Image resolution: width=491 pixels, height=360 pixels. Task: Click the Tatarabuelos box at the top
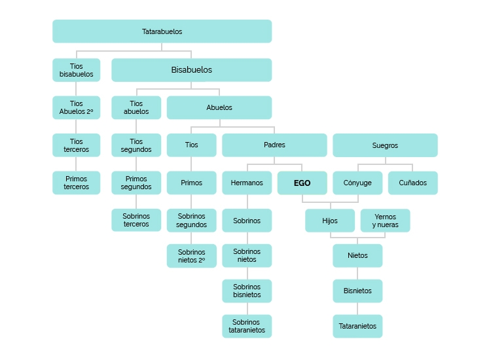click(162, 31)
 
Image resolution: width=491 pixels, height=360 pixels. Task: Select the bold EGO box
click(302, 183)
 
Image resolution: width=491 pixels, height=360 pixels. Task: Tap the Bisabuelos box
click(191, 70)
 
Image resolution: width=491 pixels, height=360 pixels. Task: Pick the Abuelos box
click(219, 107)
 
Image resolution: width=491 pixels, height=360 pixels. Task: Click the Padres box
click(274, 145)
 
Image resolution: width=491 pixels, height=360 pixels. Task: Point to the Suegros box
click(385, 145)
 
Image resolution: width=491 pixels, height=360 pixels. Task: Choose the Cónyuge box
click(357, 183)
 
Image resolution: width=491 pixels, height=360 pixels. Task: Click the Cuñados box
click(412, 183)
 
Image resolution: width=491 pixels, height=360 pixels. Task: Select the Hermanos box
click(247, 183)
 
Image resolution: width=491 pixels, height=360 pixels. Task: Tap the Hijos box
click(330, 221)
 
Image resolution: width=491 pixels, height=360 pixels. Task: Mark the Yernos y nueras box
click(385, 221)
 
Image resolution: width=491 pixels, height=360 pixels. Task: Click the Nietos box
click(357, 256)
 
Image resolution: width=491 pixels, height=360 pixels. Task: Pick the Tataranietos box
click(357, 326)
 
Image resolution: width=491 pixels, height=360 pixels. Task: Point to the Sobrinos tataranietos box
click(247, 326)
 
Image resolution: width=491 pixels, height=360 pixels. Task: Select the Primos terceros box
click(77, 183)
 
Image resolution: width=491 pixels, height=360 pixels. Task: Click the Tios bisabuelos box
click(77, 70)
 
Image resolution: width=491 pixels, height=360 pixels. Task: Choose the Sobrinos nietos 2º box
click(191, 256)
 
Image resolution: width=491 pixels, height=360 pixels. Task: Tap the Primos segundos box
click(136, 183)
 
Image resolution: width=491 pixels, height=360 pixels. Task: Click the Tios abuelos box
click(136, 107)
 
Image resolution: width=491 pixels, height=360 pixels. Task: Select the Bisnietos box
click(357, 291)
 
